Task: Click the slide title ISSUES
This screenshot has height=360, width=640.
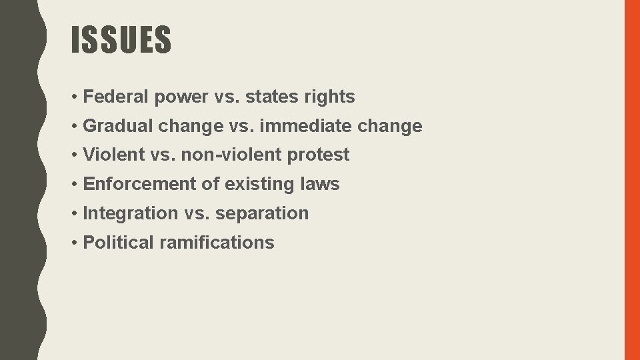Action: (x=121, y=40)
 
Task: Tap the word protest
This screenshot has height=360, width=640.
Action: (x=319, y=155)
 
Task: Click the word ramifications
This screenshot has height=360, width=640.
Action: (x=217, y=243)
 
